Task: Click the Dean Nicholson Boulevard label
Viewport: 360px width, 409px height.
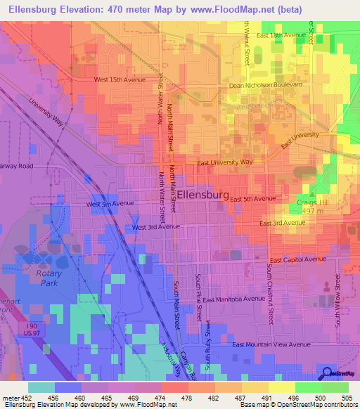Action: pos(266,85)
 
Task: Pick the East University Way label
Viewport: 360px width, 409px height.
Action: pos(224,162)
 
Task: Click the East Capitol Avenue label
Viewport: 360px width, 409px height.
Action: pos(298,259)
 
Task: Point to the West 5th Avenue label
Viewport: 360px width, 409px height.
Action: pos(110,204)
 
